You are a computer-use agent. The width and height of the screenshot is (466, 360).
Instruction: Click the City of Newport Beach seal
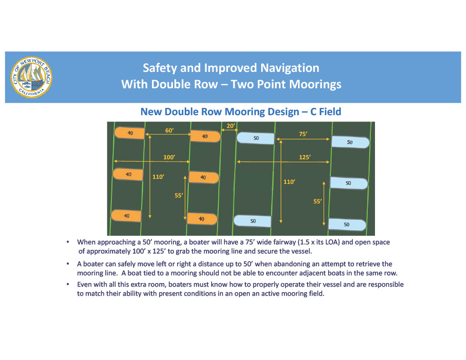[x=30, y=77]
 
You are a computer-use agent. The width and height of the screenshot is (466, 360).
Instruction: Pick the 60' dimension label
[x=169, y=131]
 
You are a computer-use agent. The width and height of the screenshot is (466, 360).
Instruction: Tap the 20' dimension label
[x=231, y=125]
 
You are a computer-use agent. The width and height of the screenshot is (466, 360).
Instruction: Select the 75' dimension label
[x=303, y=134]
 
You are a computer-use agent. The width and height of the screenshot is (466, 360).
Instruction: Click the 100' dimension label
[x=169, y=157]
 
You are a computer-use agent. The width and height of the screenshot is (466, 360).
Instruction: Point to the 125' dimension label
[x=305, y=157]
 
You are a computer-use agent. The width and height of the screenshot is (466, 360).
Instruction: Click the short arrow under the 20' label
[x=228, y=131]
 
